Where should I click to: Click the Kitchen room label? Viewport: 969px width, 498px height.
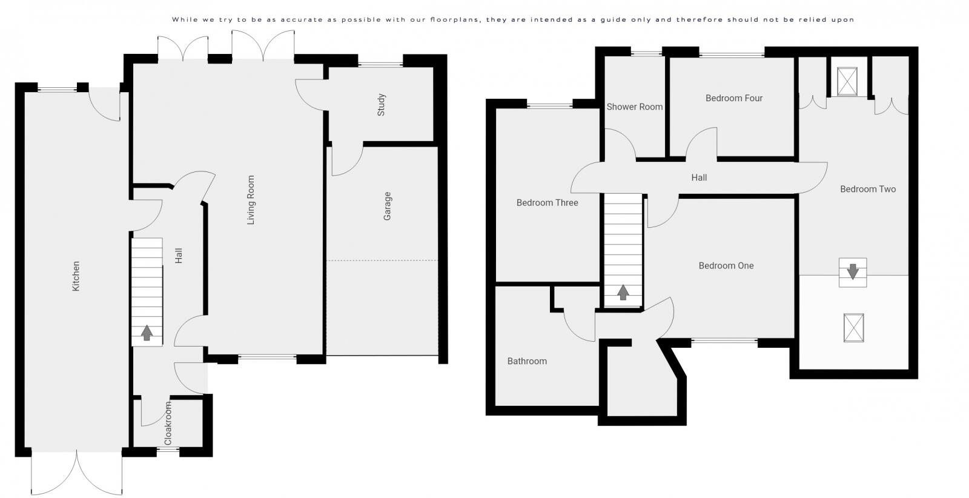[x=76, y=276]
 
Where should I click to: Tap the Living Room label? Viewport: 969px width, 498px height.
[x=251, y=201]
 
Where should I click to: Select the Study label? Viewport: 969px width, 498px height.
[x=382, y=105]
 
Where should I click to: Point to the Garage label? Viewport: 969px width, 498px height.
[x=388, y=206]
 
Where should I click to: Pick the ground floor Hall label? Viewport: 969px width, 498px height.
[x=179, y=256]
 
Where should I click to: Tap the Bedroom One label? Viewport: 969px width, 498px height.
[x=726, y=265]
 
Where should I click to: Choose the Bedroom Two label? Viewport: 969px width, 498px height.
[x=868, y=189]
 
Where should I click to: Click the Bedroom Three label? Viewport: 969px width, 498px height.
[x=547, y=203]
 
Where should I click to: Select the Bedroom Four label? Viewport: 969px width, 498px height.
[x=734, y=98]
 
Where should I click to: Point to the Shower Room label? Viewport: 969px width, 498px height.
[x=635, y=107]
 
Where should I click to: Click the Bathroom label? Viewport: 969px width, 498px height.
[x=527, y=361]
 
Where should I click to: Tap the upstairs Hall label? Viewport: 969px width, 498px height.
[x=699, y=178]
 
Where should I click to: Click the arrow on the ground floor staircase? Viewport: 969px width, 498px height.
[x=147, y=333]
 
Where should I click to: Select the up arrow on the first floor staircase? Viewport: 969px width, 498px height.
[x=623, y=293]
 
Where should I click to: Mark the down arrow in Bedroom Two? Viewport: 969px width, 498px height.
[x=853, y=272]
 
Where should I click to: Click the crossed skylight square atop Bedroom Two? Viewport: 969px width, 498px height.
[x=846, y=81]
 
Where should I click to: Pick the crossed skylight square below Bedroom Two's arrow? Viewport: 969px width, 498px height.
[x=853, y=328]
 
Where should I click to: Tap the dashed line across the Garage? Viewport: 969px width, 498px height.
[x=382, y=261]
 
